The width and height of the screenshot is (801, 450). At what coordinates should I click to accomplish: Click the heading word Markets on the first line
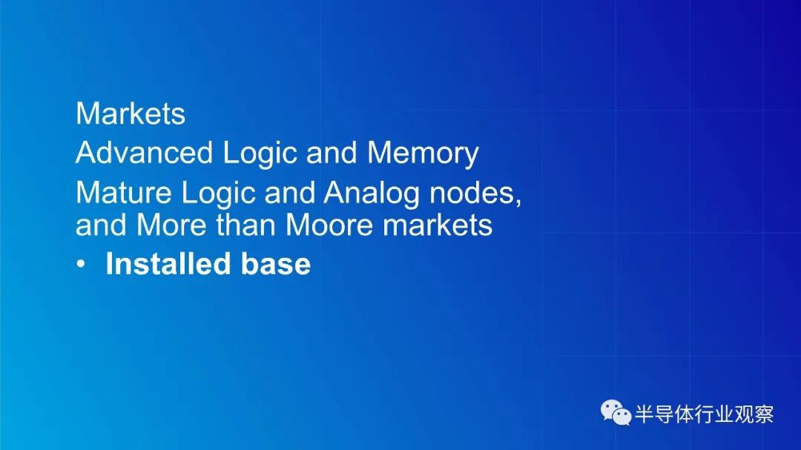tap(131, 113)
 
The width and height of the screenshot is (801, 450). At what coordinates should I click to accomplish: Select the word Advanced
tap(144, 153)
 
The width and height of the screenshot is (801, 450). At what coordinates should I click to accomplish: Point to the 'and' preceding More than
tap(101, 225)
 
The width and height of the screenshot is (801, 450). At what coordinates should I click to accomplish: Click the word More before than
tap(171, 225)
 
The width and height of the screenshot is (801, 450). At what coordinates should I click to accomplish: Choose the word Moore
tap(329, 225)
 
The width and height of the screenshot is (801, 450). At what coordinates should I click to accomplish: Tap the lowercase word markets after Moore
tap(438, 225)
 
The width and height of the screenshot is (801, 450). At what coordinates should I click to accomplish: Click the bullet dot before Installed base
tap(81, 264)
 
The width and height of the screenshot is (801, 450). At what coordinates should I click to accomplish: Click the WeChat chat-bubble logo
tap(616, 413)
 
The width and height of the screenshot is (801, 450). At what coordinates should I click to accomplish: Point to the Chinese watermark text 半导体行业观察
tap(705, 414)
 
